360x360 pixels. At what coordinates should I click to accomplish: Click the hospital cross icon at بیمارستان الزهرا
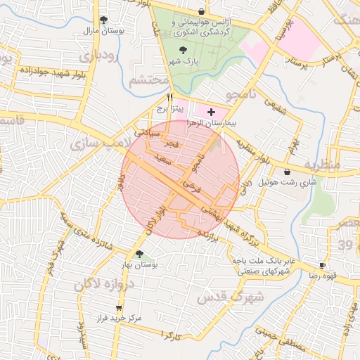click(x=211, y=112)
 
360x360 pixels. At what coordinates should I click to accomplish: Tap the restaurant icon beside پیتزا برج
click(x=169, y=97)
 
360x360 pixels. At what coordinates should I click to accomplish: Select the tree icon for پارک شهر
click(x=184, y=50)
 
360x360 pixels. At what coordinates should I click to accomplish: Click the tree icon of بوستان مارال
click(x=104, y=20)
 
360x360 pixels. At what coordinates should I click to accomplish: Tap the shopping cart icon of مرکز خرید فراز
click(x=119, y=307)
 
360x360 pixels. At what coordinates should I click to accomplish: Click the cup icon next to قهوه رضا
click(x=322, y=265)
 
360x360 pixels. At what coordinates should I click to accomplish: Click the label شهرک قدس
click(x=230, y=295)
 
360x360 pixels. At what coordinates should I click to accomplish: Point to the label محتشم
click(x=147, y=80)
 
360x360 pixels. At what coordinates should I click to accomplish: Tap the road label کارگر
click(x=171, y=336)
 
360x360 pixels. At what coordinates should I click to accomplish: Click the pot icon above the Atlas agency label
click(x=202, y=11)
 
